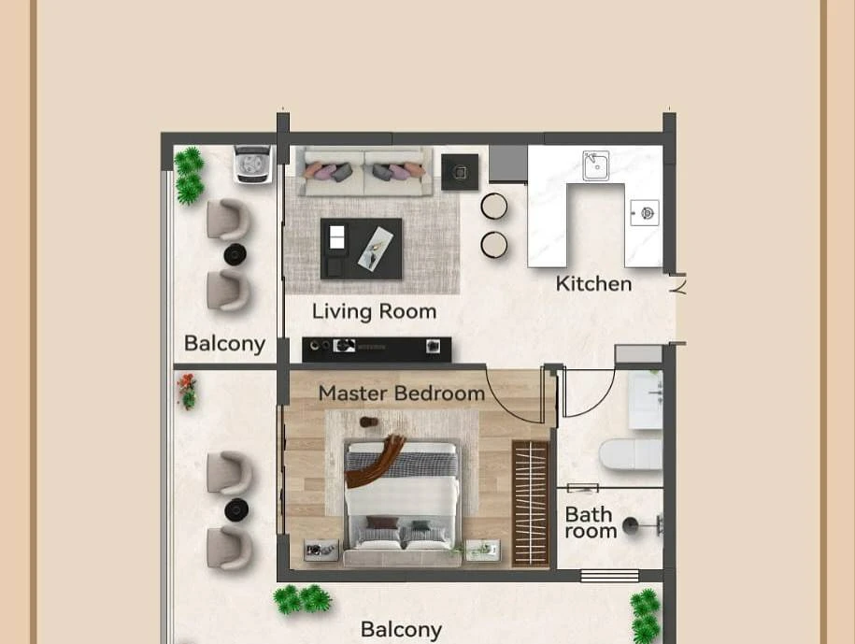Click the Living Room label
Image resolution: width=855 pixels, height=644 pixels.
374,311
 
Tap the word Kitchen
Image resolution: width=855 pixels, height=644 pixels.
593,283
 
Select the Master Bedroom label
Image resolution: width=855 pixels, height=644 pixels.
401,394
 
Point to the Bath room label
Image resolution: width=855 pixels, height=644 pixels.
590,522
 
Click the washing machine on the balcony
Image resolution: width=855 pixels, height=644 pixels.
253,164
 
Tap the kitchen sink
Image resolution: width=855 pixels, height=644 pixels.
596,165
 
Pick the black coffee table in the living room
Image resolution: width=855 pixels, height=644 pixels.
361,249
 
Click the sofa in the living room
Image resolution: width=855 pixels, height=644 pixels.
364,171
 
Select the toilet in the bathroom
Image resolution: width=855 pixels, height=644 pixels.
631,454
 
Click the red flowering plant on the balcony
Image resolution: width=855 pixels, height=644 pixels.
187,391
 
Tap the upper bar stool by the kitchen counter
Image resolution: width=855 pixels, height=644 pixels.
494,207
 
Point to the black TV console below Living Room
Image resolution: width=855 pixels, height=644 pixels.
377,349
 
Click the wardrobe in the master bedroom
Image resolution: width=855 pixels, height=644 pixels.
530,503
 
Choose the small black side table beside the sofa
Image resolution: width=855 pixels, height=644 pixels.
460,172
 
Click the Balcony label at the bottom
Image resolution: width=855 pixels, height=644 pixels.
401,630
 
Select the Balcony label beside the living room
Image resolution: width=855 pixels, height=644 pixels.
224,344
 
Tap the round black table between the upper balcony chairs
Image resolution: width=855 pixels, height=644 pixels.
235,254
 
